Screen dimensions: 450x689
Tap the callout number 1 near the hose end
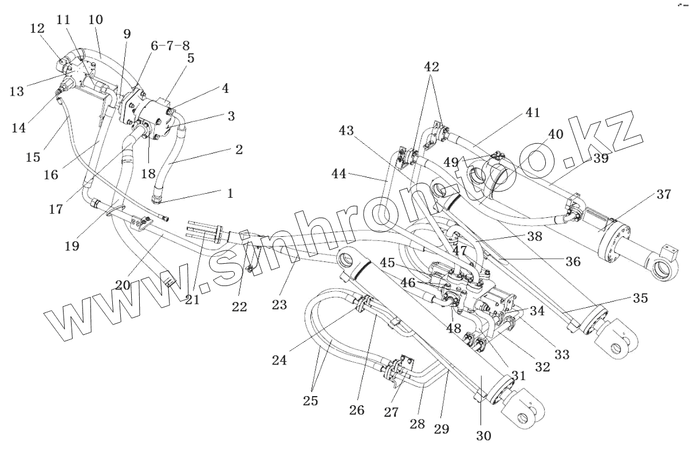pyautogui.click(x=230, y=193)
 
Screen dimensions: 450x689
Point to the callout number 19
pyautogui.click(x=72, y=246)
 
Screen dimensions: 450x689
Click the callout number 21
pyautogui.click(x=192, y=299)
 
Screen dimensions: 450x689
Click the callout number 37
pyautogui.click(x=663, y=194)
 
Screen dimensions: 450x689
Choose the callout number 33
pyautogui.click(x=562, y=354)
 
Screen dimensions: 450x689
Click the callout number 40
pyautogui.click(x=555, y=134)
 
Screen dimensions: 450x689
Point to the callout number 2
pyautogui.click(x=239, y=151)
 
